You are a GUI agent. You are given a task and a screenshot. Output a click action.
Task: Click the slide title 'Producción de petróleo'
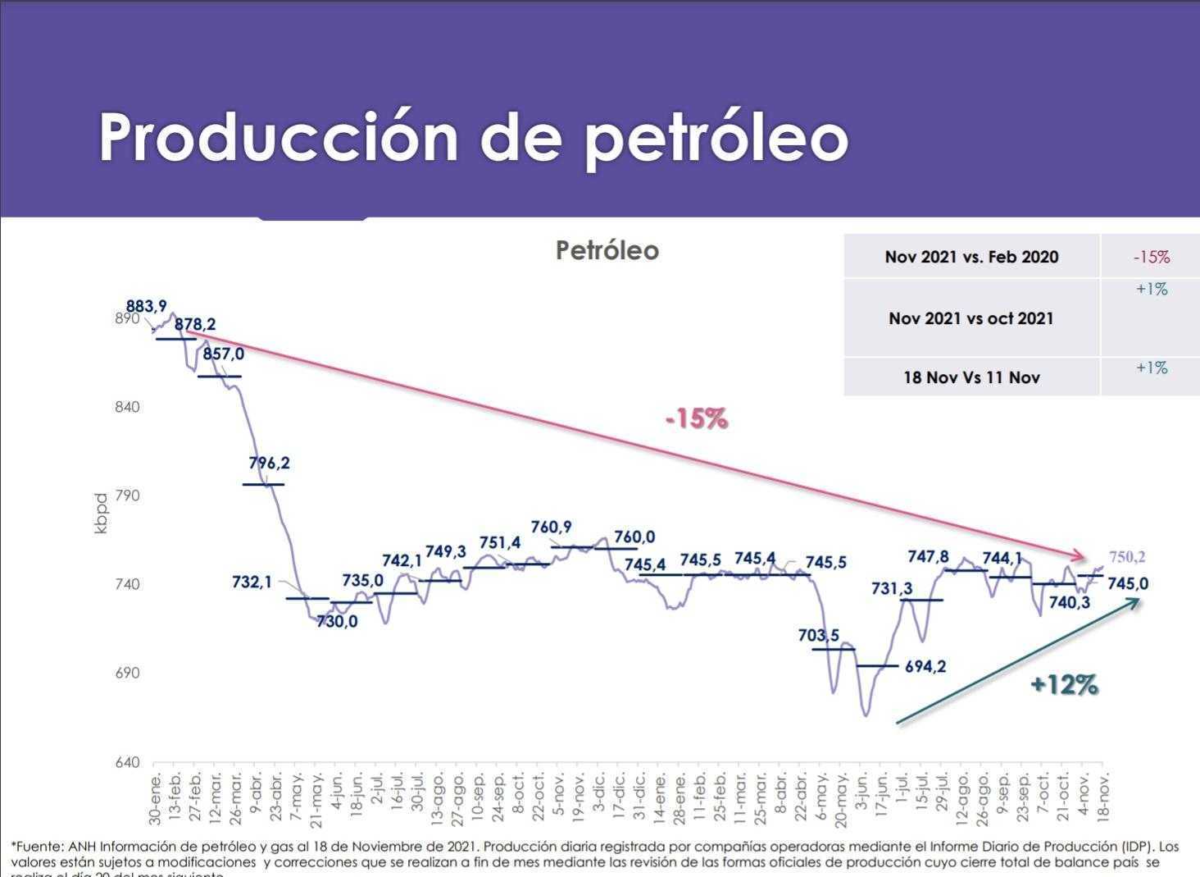(x=473, y=137)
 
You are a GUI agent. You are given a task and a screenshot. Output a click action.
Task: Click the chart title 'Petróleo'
(x=607, y=250)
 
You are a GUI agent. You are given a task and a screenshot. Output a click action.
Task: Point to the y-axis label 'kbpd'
(x=101, y=514)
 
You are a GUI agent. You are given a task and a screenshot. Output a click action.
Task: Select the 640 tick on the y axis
(x=127, y=762)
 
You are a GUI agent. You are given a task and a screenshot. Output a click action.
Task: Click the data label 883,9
(x=146, y=306)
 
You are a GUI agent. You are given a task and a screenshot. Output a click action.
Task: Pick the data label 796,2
(x=269, y=463)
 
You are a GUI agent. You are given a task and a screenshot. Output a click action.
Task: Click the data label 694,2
(x=925, y=667)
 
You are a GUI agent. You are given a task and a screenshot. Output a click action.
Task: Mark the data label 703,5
(x=818, y=635)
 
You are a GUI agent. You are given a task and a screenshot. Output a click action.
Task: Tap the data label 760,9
(x=551, y=528)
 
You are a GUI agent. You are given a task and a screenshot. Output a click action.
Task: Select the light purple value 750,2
(x=1127, y=557)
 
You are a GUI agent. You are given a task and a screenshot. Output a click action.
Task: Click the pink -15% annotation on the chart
(x=697, y=419)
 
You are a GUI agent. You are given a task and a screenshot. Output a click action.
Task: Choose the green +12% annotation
(x=1064, y=684)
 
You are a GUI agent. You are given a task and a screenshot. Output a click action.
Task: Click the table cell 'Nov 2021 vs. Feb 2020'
(x=971, y=257)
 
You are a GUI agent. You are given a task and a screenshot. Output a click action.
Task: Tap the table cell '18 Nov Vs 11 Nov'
(x=971, y=377)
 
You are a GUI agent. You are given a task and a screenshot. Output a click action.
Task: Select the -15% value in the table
(x=1151, y=257)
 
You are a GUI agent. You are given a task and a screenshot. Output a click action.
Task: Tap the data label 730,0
(x=337, y=622)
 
